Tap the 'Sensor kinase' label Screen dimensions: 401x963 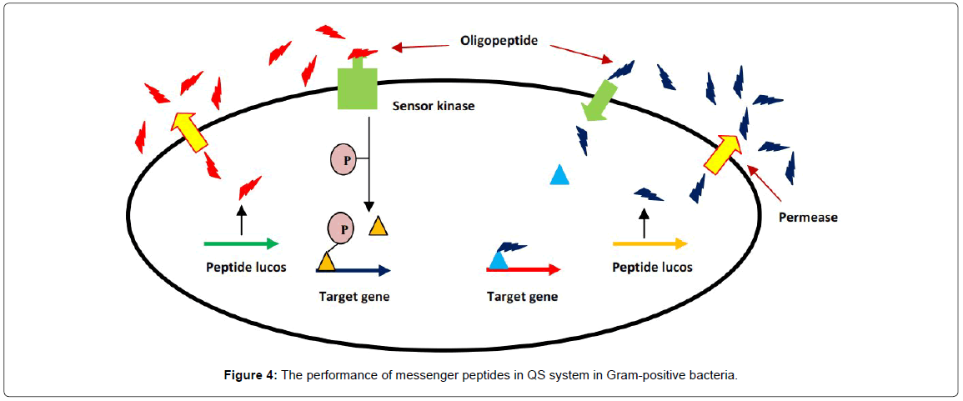pos(434,107)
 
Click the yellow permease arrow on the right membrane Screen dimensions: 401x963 pos(722,153)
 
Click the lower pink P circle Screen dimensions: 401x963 pos(341,227)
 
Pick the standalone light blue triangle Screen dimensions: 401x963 pos(560,175)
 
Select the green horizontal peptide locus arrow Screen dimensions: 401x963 pos(241,243)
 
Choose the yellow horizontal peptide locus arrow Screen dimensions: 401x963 pos(650,243)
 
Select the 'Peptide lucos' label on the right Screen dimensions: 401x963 pos(652,268)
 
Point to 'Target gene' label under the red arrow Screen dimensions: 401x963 pos(522,296)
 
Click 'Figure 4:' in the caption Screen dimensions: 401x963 pos(250,376)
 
